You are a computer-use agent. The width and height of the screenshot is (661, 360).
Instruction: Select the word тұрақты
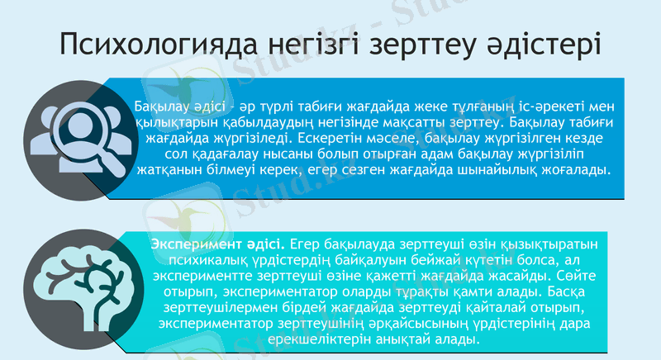[428, 292]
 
